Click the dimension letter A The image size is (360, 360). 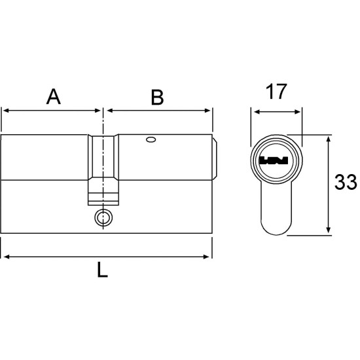coord(54,96)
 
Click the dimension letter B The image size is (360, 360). coord(157,98)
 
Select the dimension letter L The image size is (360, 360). coord(102,269)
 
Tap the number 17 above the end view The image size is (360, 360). coord(276,92)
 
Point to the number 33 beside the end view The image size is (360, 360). coord(346,182)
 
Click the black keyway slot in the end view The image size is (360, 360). coord(274,160)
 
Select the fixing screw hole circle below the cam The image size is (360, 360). coord(103,217)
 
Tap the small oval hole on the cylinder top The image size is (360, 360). coord(151,139)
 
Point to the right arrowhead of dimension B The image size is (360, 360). coord(207,111)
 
